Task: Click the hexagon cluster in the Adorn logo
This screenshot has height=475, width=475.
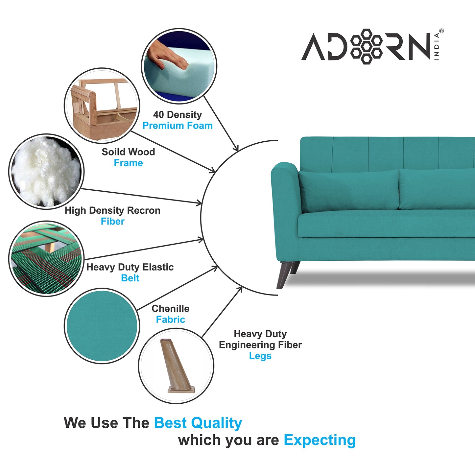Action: [366, 46]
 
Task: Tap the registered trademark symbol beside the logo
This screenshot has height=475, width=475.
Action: [441, 31]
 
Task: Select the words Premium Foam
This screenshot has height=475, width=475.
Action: [178, 126]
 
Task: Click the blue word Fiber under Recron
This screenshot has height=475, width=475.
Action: [112, 222]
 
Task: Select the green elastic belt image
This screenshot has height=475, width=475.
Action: [46, 259]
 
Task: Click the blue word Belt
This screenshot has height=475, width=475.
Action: [130, 278]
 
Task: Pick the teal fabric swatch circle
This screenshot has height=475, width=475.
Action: [102, 326]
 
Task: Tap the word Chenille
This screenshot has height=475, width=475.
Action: [170, 309]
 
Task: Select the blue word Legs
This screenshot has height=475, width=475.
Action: [260, 356]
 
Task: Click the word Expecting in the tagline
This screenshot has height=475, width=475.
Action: [320, 440]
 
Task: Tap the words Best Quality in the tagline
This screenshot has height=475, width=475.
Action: [198, 423]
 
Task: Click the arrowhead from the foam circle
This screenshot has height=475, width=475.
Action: [236, 149]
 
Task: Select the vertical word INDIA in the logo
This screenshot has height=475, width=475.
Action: [437, 46]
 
